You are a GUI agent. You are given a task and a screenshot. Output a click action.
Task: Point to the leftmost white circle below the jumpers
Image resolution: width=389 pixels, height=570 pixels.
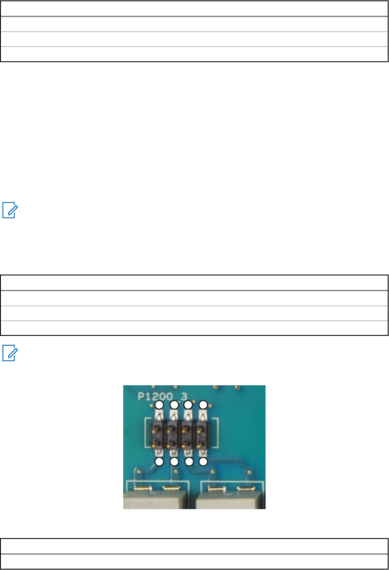click(159, 461)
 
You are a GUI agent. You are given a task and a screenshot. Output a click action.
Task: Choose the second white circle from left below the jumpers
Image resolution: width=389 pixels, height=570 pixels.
click(174, 461)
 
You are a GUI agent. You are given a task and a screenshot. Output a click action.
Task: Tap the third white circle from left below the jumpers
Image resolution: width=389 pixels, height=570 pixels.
click(189, 461)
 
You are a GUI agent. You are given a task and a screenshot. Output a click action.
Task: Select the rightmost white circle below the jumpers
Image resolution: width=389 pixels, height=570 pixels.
click(204, 461)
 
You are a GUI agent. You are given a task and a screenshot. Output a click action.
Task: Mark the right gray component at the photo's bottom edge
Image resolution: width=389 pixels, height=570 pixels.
click(230, 500)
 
